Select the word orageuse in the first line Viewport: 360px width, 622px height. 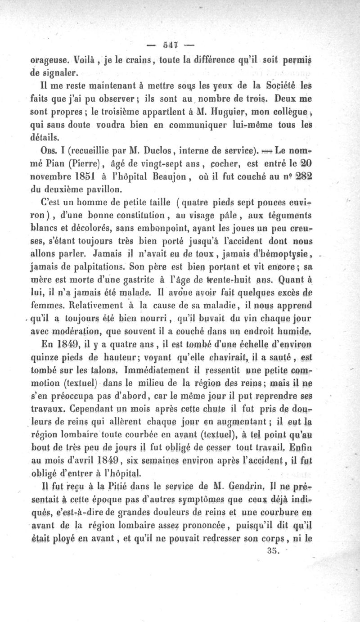click(x=50, y=59)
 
